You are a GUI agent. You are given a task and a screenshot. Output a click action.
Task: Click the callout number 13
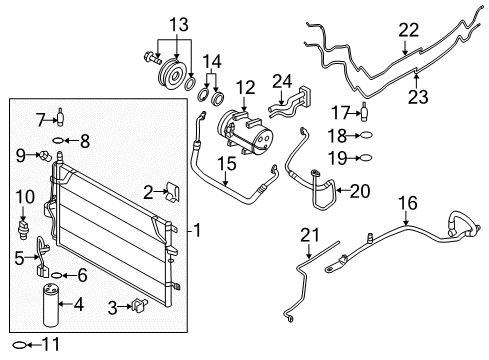(x=178, y=23)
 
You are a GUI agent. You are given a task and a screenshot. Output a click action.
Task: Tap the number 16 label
(x=406, y=203)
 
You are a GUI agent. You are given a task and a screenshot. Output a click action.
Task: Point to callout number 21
(x=309, y=235)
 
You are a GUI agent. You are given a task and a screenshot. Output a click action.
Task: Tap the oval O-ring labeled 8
(x=60, y=139)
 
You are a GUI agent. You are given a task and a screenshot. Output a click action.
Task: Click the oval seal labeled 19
(x=367, y=157)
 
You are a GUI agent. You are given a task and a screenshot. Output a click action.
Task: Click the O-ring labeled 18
(x=367, y=134)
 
